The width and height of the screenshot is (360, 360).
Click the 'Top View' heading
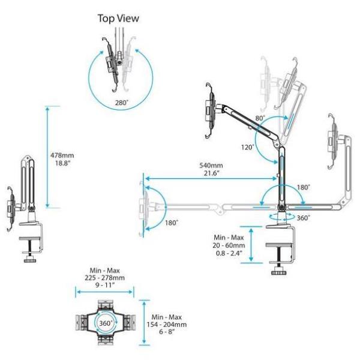tap(118, 19)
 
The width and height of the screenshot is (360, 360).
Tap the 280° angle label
tap(122, 103)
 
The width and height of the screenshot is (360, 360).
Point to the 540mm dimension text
tap(211, 166)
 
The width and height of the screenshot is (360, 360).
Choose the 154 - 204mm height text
tap(169, 324)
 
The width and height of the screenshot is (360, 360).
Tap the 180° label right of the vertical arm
tap(304, 187)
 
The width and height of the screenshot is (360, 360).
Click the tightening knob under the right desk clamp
tap(278, 271)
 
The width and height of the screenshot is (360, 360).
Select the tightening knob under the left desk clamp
tap(29, 260)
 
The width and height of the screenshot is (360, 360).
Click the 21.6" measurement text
tap(211, 173)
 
